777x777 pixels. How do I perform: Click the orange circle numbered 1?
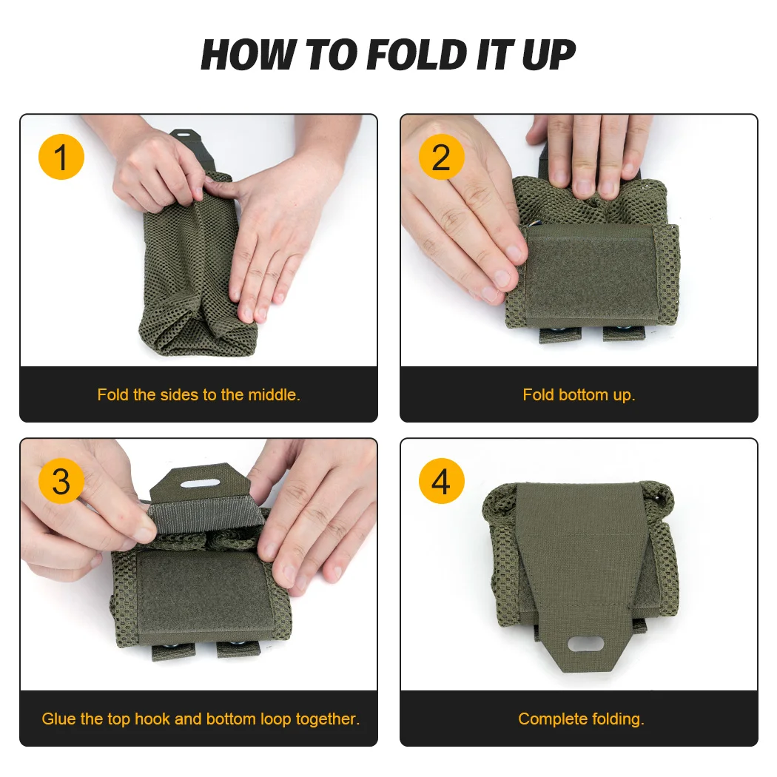61,158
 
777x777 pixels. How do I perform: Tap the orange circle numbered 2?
441,158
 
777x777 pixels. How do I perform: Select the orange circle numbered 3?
61,482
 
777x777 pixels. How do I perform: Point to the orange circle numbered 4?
441,482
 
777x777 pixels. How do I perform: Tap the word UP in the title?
548,55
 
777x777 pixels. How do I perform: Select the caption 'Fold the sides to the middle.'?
198,394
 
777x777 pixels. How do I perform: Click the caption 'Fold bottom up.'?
579,394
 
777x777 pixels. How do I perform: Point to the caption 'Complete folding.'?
581,719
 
